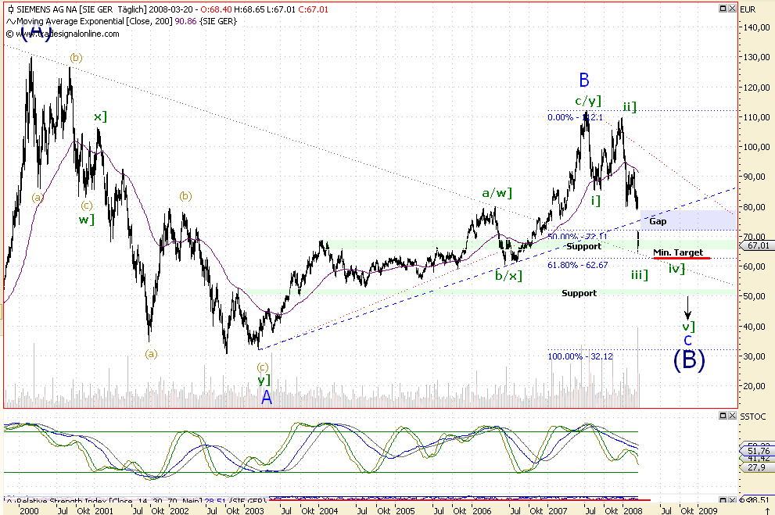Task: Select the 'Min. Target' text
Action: (x=678, y=252)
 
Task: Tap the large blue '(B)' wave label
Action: (x=689, y=359)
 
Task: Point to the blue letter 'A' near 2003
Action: (x=267, y=397)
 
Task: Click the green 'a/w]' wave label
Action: (x=497, y=192)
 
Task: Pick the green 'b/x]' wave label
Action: (x=508, y=276)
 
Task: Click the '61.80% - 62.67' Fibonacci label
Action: (x=577, y=265)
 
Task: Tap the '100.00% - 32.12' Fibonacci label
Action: (x=579, y=356)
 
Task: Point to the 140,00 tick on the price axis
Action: (x=755, y=27)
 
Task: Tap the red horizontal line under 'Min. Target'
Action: (x=681, y=258)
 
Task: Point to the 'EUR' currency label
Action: (x=748, y=9)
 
